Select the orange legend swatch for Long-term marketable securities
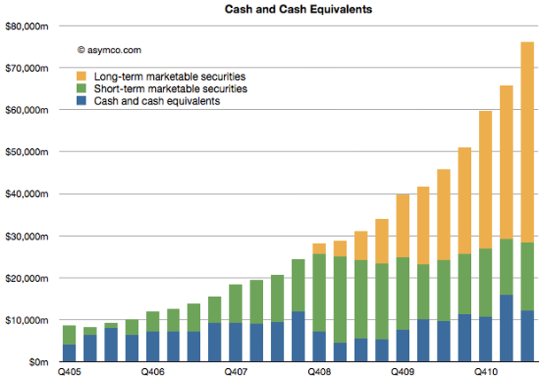pos(82,76)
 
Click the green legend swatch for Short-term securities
pos(82,89)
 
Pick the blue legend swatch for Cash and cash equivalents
pos(82,101)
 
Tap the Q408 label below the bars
pos(320,372)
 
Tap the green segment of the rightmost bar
pos(527,276)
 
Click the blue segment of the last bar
pos(527,336)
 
